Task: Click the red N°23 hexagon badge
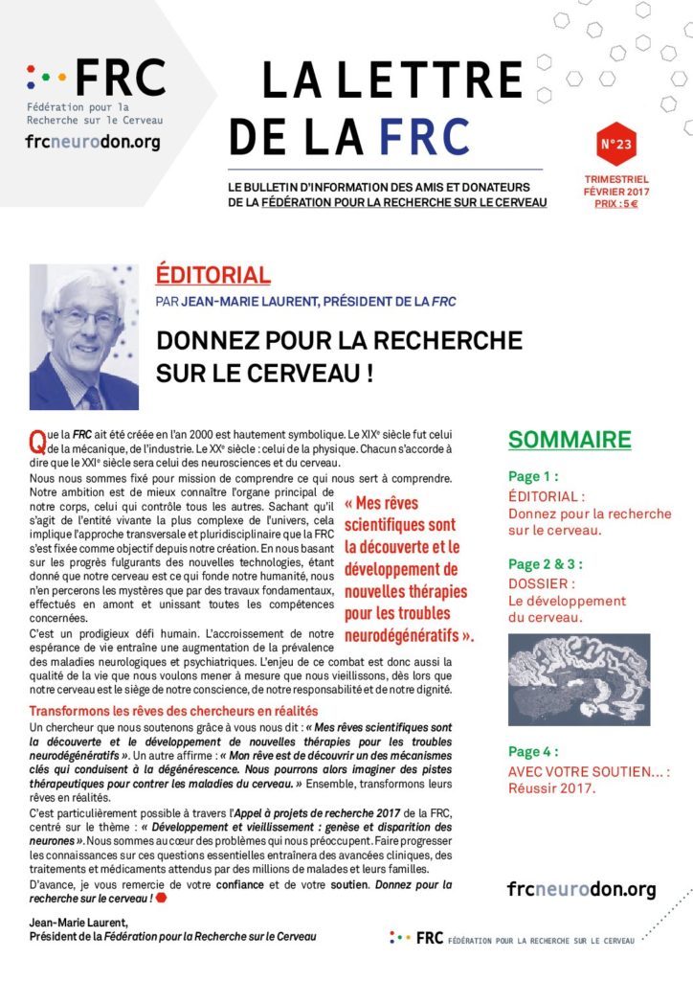click(x=615, y=145)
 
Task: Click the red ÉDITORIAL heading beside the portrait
click(x=212, y=276)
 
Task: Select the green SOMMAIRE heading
click(x=570, y=440)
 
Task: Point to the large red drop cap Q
click(x=37, y=442)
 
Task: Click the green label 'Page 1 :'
click(x=534, y=476)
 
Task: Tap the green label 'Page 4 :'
click(x=534, y=752)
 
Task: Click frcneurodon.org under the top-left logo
click(x=93, y=143)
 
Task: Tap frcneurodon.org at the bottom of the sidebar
click(x=581, y=890)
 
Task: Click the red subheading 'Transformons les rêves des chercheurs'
click(x=173, y=711)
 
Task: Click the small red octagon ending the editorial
click(x=161, y=898)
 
